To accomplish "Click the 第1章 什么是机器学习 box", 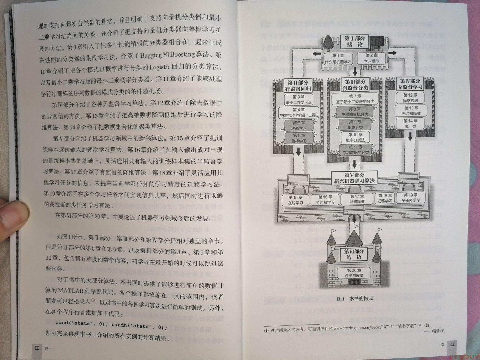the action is [338, 59].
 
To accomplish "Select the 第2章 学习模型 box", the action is [371, 58].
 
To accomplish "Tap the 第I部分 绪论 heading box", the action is [355, 41].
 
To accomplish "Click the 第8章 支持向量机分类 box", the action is [355, 112].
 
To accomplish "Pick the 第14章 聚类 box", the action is [410, 123].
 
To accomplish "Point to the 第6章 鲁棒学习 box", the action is [299, 138].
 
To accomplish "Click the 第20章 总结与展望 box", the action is [354, 273].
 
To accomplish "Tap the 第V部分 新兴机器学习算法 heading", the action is [354, 178].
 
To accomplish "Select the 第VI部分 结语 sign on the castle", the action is [354, 254].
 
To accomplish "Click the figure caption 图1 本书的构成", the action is [355, 299].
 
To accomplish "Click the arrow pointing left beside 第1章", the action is [317, 53].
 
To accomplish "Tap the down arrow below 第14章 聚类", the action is [410, 137].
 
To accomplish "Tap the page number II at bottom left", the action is [37, 348].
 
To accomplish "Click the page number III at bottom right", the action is [452, 344].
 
